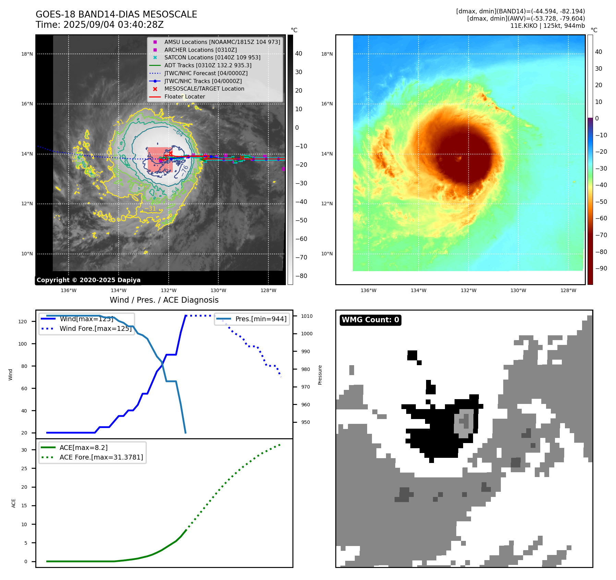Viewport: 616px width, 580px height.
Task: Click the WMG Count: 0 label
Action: pos(370,320)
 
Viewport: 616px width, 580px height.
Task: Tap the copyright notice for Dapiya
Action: pos(88,280)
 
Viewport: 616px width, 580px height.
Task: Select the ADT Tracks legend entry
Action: pos(208,65)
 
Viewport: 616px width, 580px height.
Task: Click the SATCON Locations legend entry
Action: pos(212,57)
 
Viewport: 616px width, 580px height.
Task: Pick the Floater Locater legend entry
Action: pos(184,97)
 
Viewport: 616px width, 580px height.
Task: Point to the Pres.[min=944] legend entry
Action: pos(261,319)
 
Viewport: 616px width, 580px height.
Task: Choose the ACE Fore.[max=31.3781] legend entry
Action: pos(101,457)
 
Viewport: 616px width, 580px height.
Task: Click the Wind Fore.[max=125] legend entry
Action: pos(95,328)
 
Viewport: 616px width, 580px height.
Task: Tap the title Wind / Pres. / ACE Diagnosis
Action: pos(164,300)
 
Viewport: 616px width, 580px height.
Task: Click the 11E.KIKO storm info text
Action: pos(547,26)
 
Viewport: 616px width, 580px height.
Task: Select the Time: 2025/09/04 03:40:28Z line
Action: pos(99,25)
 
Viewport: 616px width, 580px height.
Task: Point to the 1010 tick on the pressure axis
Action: pos(307,316)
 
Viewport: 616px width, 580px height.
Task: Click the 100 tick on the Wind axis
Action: pos(23,344)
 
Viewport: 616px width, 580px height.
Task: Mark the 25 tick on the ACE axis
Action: pos(24,468)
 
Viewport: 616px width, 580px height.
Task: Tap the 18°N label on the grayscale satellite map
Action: pos(27,54)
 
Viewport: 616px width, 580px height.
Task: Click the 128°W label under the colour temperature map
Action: pos(568,290)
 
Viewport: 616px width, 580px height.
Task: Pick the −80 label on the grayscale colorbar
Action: pos(301,276)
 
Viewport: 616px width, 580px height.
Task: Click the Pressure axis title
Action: pos(320,375)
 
